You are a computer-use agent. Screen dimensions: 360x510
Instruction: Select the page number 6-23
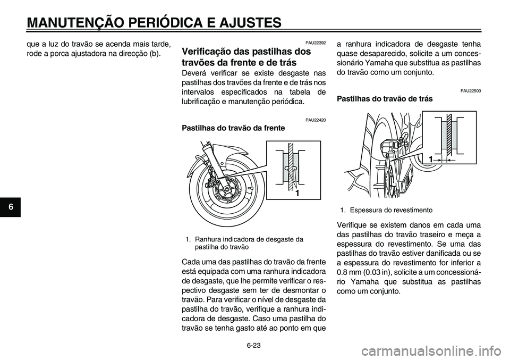tap(254, 345)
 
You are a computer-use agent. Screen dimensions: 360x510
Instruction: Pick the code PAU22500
tap(471, 91)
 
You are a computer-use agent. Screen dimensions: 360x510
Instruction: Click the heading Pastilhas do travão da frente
tap(233, 128)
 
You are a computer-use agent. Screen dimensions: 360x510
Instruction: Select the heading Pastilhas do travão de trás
tap(385, 99)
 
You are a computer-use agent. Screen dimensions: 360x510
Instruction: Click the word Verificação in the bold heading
tap(208, 52)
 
